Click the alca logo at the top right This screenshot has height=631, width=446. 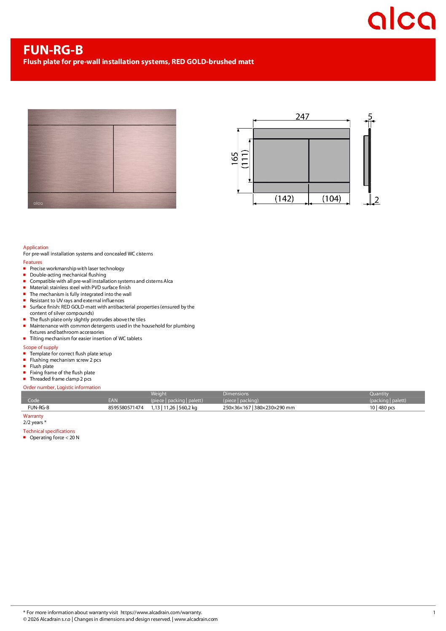pyautogui.click(x=401, y=19)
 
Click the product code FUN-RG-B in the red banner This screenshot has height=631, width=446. pyautogui.click(x=53, y=50)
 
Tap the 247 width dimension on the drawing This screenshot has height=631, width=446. pyautogui.click(x=302, y=116)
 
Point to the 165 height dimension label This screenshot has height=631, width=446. pyautogui.click(x=235, y=159)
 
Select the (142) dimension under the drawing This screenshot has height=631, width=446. pyautogui.click(x=284, y=199)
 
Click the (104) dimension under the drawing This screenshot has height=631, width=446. pyautogui.click(x=331, y=199)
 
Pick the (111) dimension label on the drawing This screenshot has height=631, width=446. pyautogui.click(x=245, y=159)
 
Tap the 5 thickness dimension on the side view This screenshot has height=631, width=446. pyautogui.click(x=370, y=116)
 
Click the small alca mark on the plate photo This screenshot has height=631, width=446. pyautogui.click(x=38, y=203)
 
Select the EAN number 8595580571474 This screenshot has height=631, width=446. pyautogui.click(x=126, y=408)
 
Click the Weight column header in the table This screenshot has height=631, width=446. pyautogui.click(x=159, y=394)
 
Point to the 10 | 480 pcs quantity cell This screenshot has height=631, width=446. pyautogui.click(x=382, y=408)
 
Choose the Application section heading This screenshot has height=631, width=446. pyautogui.click(x=36, y=247)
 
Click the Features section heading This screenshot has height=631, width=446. pyautogui.click(x=32, y=262)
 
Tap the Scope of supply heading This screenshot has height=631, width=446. pyautogui.click(x=40, y=347)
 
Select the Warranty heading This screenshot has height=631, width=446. pyautogui.click(x=33, y=416)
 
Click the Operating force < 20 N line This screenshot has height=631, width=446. pyautogui.click(x=54, y=438)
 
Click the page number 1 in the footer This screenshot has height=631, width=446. pyautogui.click(x=434, y=612)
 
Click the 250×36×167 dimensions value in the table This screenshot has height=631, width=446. pyautogui.click(x=237, y=408)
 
